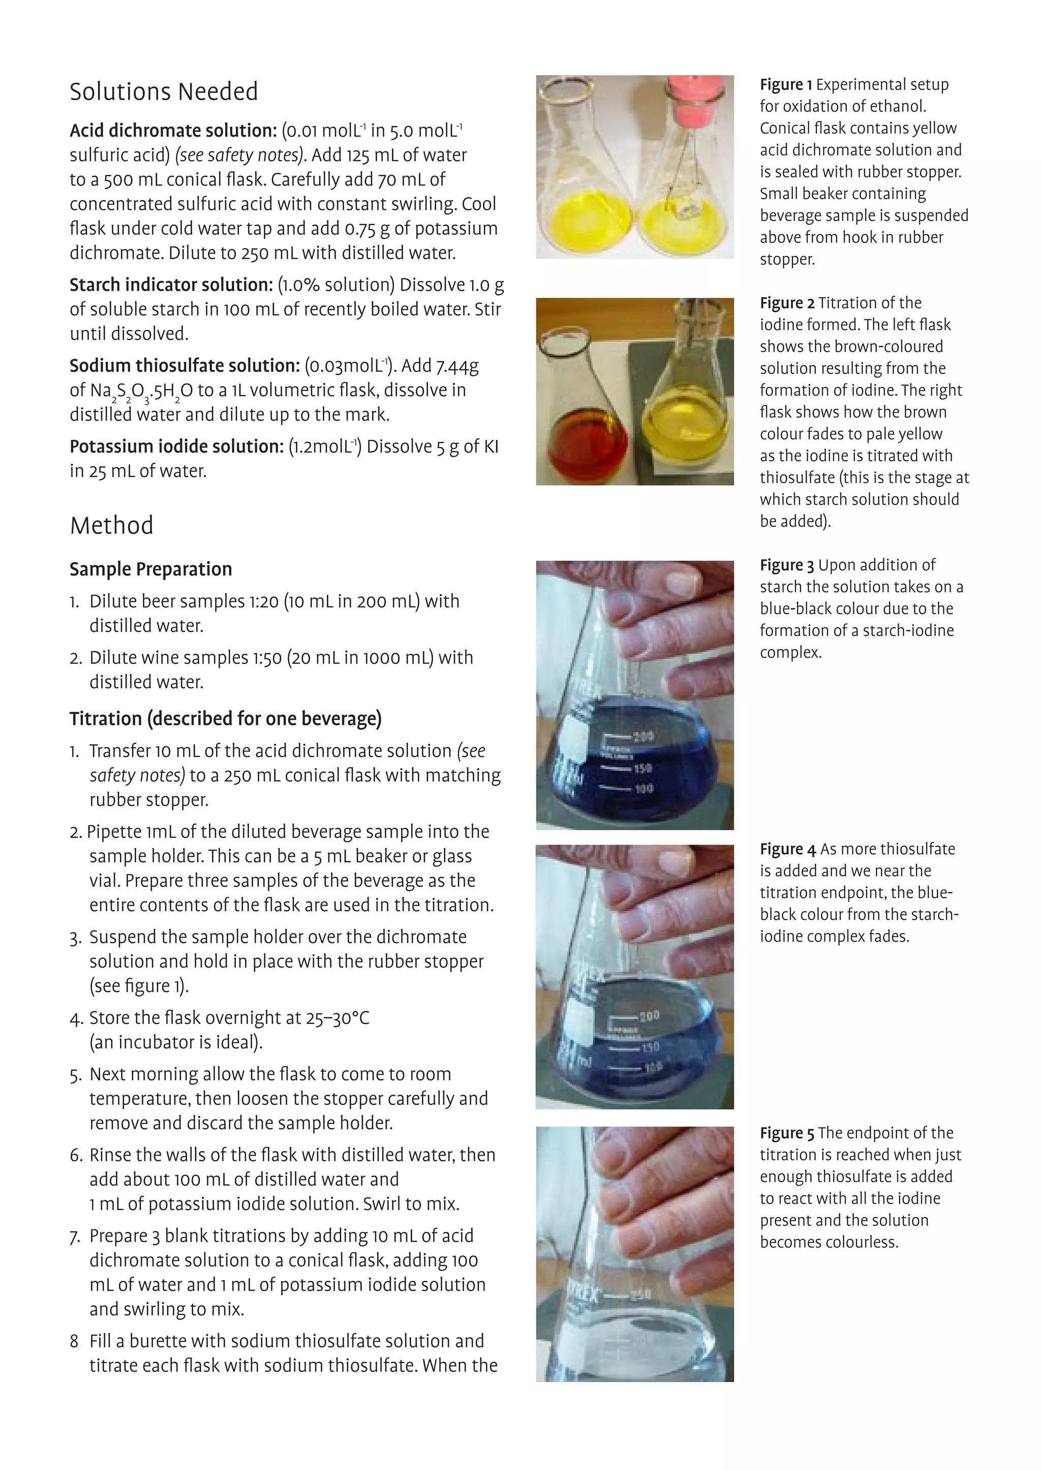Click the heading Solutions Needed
tap(164, 91)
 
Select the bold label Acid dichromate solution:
tap(173, 131)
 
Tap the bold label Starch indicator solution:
tap(171, 284)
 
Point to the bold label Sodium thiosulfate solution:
tap(185, 366)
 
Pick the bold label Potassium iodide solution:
tap(176, 446)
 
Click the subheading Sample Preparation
tap(150, 569)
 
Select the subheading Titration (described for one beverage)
tap(226, 719)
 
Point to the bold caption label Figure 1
tap(786, 84)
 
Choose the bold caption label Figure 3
tap(786, 565)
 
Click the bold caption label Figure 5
tap(786, 1133)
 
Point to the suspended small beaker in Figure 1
tap(683, 208)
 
